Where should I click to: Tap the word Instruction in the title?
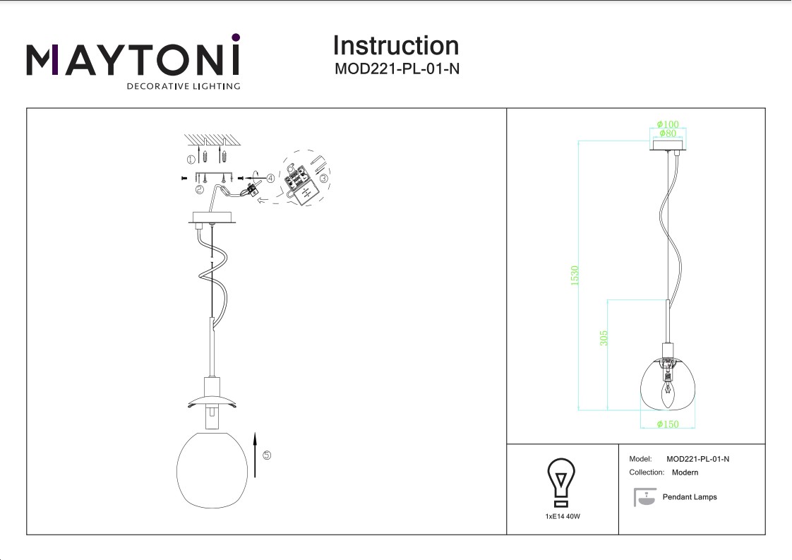[x=395, y=46]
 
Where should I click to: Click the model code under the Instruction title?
[x=396, y=69]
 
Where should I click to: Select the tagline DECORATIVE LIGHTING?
[x=183, y=86]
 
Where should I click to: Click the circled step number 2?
[x=200, y=189]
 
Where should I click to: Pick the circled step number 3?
[x=323, y=179]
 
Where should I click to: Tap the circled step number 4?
[x=271, y=179]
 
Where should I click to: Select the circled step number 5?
[x=266, y=455]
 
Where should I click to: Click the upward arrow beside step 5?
[x=253, y=456]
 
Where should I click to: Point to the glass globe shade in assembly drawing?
[x=212, y=467]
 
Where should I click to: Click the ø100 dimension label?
[x=667, y=124]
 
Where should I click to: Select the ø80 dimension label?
[x=667, y=133]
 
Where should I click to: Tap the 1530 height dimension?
[x=575, y=275]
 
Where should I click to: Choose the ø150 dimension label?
[x=667, y=424]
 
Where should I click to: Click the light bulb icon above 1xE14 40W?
[x=562, y=482]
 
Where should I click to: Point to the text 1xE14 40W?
[x=563, y=517]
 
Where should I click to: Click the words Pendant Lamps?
[x=690, y=497]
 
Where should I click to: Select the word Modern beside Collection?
[x=685, y=472]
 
